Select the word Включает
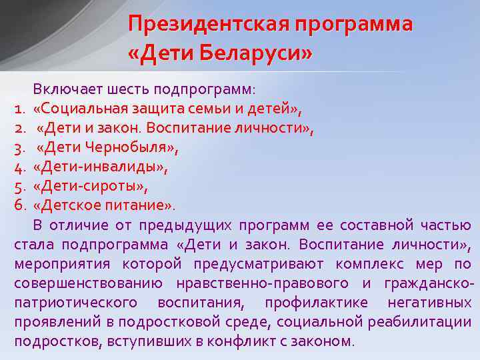(65, 89)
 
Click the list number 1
(19, 108)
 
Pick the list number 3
(20, 145)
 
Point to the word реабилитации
(422, 322)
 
